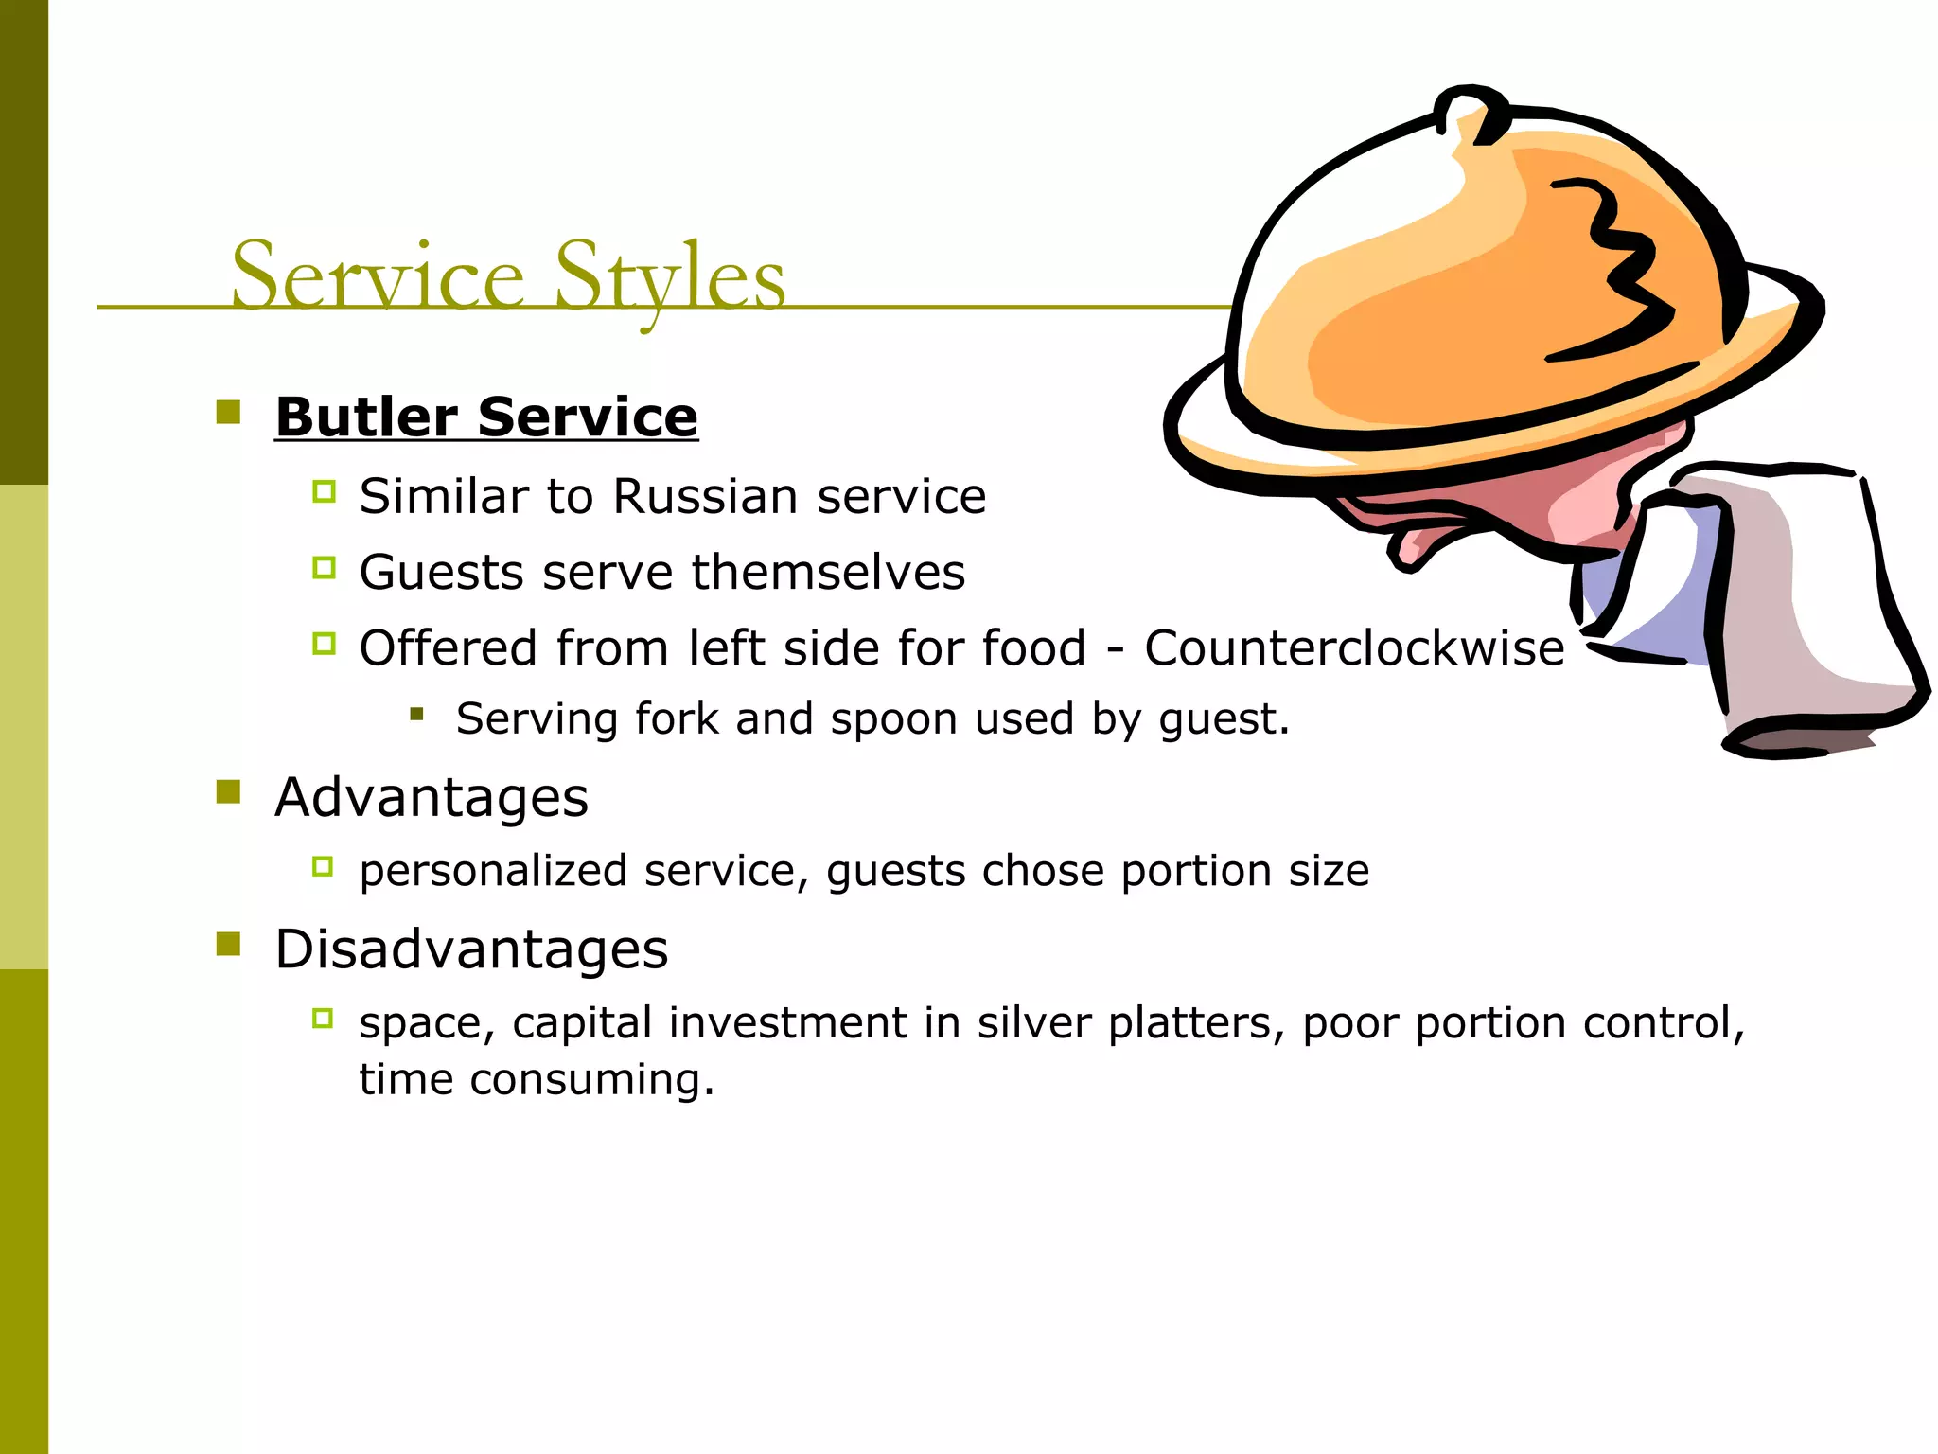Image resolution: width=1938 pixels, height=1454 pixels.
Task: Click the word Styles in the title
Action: point(669,275)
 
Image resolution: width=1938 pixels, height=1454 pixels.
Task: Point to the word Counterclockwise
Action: point(1354,648)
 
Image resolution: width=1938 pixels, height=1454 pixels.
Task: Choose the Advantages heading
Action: point(432,797)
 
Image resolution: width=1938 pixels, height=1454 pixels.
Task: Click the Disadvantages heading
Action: point(471,949)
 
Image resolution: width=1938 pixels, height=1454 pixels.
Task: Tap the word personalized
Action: point(493,871)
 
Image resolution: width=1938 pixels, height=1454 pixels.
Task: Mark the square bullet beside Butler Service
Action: point(228,412)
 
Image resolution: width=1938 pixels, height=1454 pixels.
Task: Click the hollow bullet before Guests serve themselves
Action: point(324,568)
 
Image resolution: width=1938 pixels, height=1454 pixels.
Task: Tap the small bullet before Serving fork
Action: point(416,714)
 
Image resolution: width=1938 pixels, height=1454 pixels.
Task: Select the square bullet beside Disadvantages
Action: point(228,944)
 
